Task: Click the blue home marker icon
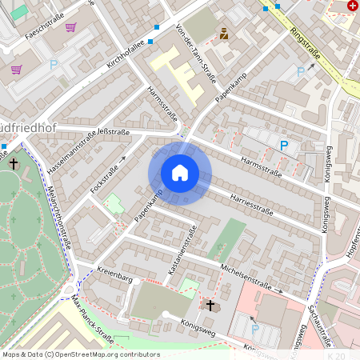pos(180,173)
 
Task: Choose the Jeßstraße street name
pos(113,132)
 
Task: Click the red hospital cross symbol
pos(353,6)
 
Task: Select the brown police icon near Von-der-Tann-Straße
pos(224,34)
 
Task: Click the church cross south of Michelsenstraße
pos(211,306)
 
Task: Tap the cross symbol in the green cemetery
pos(14,163)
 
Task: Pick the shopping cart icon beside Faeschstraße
pos(70,27)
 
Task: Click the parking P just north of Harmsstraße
pos(283,145)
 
